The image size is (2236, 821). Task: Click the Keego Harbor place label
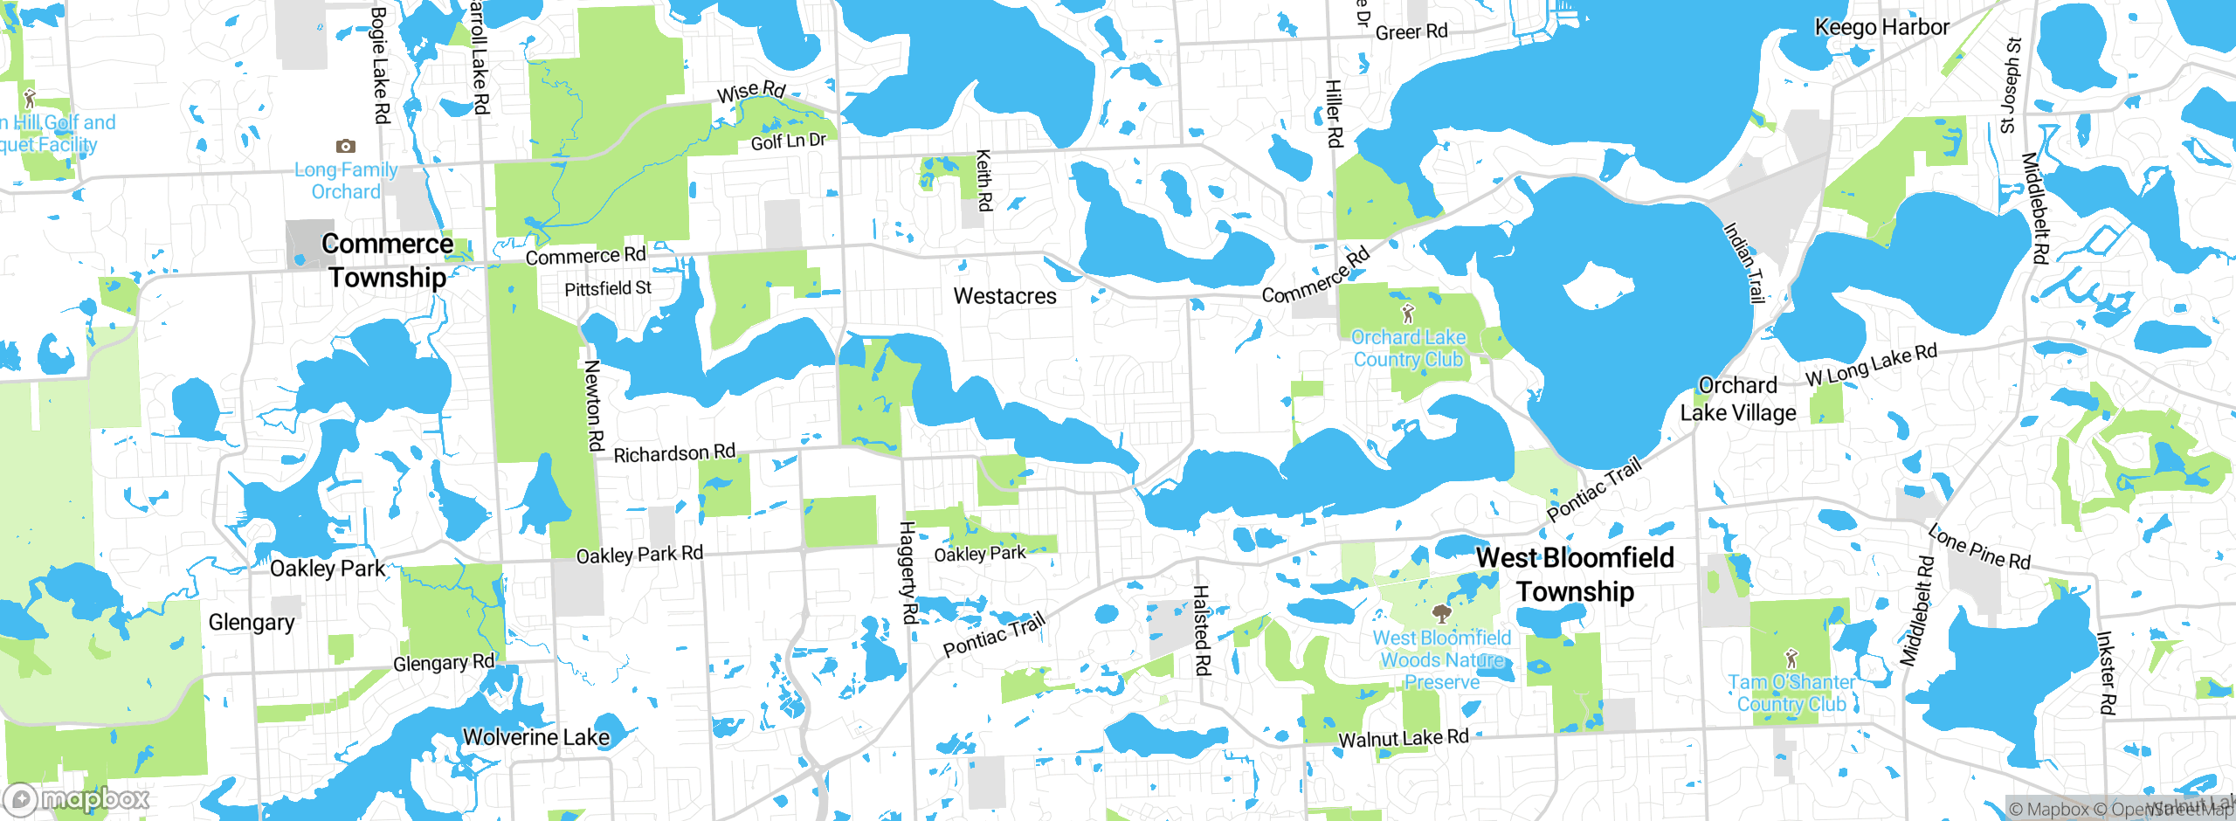coord(1881,27)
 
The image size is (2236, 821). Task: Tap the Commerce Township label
coord(387,260)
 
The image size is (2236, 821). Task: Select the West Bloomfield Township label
coord(1575,574)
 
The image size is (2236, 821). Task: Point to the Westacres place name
coord(1004,296)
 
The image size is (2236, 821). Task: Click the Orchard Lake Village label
coord(1738,399)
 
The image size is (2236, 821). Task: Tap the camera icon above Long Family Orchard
coord(346,146)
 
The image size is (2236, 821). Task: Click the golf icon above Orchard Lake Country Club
coord(1407,314)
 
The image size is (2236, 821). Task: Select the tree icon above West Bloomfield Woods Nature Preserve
coord(1442,614)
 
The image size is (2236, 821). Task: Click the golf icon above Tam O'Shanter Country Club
coord(1791,658)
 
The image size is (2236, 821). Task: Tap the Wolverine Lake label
coord(535,737)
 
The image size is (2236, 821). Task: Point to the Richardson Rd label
coord(674,453)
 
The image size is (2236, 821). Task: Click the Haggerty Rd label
coord(908,572)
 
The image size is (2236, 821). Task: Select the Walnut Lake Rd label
coord(1403,738)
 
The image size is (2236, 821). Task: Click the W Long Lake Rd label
coord(1871,365)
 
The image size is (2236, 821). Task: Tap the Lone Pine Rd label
coord(1978,547)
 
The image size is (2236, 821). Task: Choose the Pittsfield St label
coord(608,288)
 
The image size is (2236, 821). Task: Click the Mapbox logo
coord(77,798)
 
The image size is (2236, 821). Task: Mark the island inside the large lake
coord(1598,286)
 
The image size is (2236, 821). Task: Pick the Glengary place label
coord(252,623)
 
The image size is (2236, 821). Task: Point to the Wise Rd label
coord(751,91)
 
